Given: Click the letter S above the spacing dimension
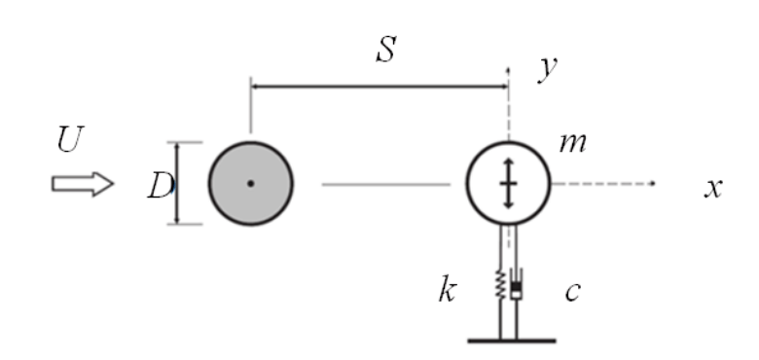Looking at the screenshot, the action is (386, 50).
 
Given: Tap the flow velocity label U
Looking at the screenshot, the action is (71, 139).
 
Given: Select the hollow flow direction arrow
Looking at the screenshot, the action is (83, 184).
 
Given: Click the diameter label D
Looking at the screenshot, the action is (161, 186).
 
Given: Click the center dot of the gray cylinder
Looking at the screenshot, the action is (251, 183).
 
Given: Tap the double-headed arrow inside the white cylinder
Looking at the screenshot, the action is (508, 183).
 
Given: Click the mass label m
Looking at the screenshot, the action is (572, 143).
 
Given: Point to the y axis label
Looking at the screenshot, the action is (548, 68).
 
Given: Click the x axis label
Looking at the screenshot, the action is (713, 188).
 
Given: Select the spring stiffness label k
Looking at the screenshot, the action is (448, 289).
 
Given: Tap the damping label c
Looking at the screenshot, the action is (572, 291).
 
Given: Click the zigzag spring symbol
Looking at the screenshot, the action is (500, 284).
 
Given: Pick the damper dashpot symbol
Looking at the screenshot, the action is (517, 284).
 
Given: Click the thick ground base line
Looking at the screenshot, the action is (512, 342).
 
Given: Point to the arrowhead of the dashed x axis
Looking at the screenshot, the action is (653, 183).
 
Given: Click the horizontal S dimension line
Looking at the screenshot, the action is (379, 87).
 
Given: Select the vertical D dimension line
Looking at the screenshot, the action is (177, 183).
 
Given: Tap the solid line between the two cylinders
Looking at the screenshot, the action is (386, 184).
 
